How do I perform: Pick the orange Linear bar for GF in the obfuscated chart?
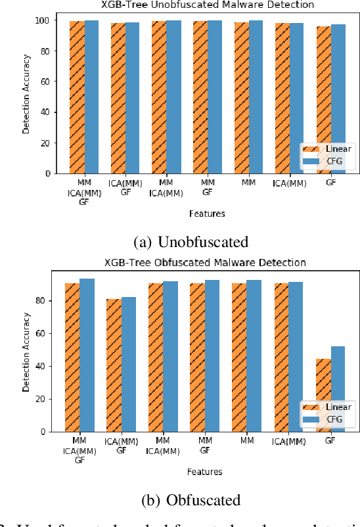(x=323, y=395)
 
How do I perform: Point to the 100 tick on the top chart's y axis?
(x=41, y=20)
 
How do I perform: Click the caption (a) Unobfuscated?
(x=191, y=242)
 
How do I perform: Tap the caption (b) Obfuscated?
(x=191, y=499)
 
